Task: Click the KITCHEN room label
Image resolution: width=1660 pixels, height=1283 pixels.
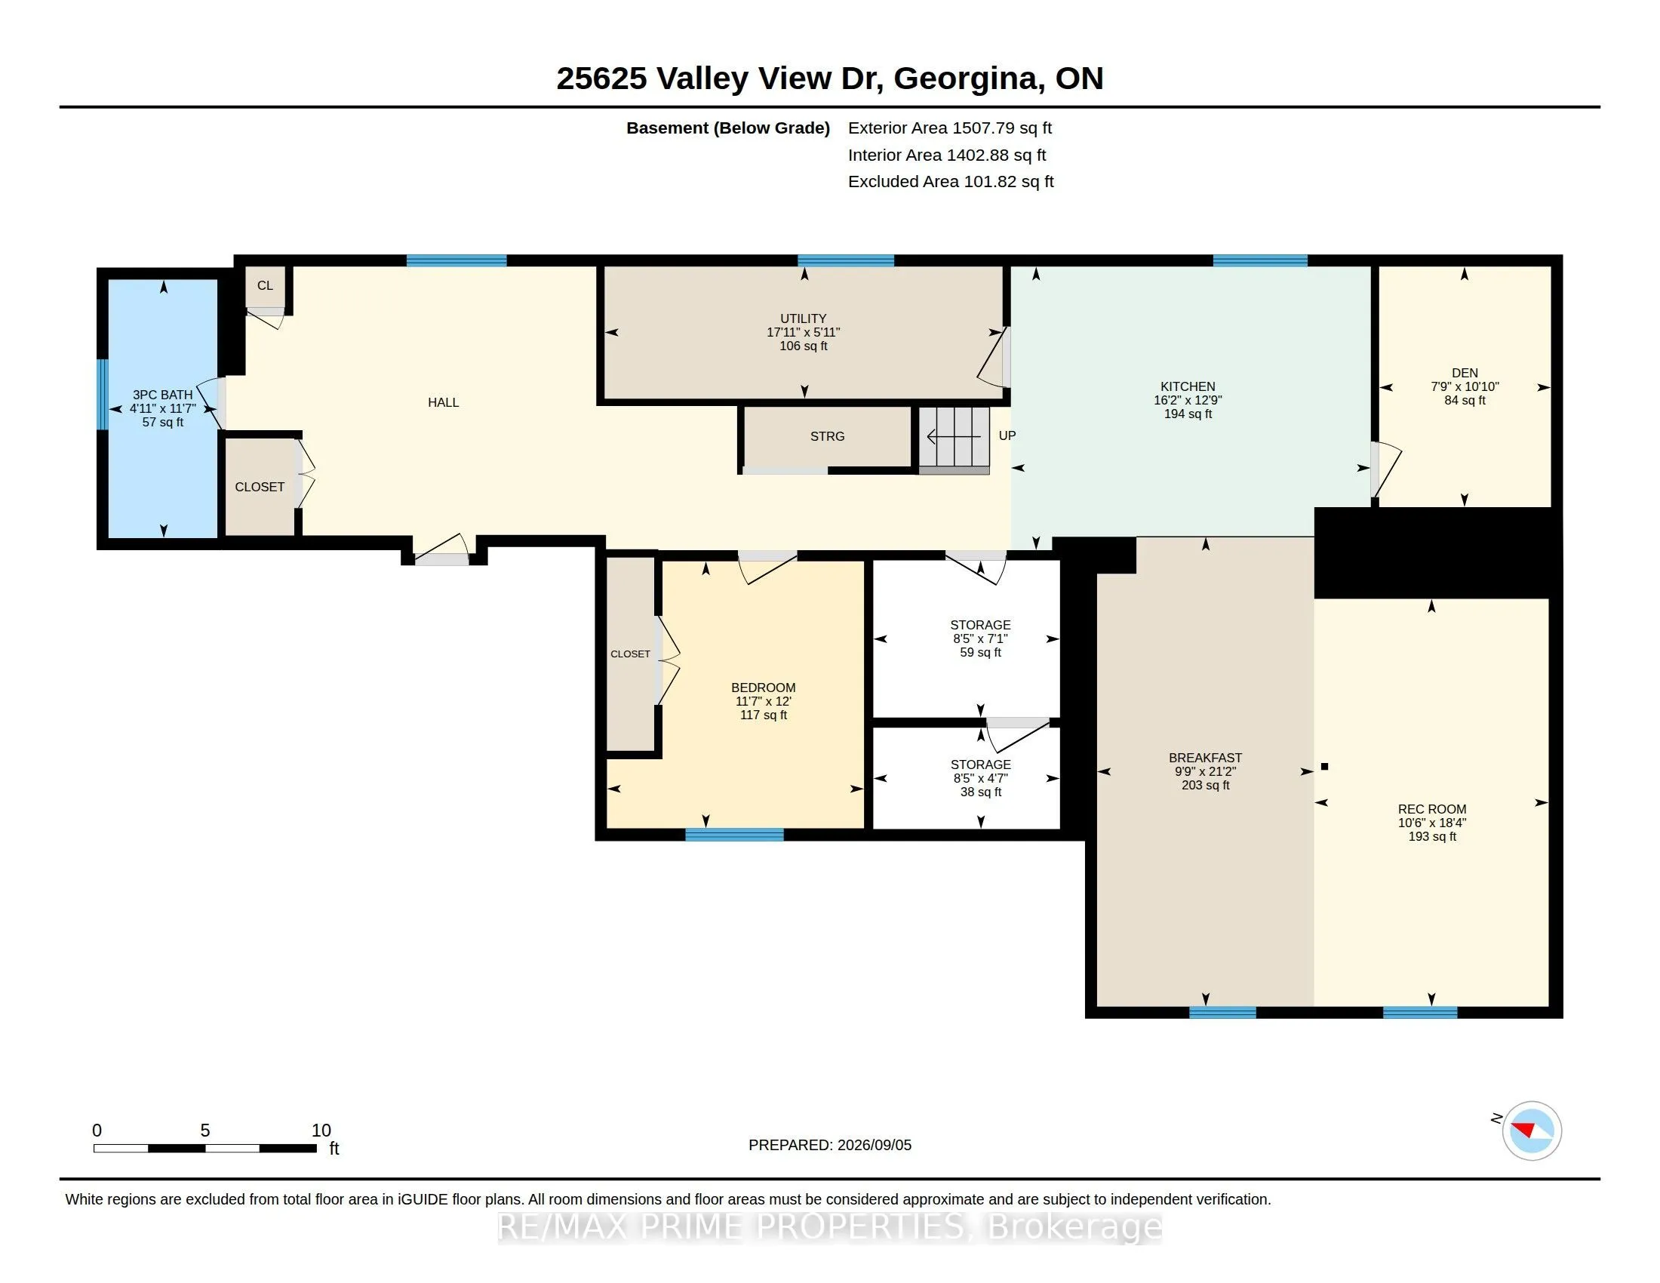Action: click(1187, 386)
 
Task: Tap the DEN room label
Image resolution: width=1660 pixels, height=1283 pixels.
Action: click(1465, 372)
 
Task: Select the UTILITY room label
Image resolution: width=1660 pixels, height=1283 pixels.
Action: click(804, 318)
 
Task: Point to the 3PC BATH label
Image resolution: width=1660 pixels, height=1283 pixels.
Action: click(163, 395)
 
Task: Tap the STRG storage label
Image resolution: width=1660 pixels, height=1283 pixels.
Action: click(827, 436)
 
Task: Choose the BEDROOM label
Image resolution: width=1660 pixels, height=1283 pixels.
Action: click(763, 687)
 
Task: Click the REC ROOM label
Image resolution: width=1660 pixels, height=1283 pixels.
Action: click(1432, 809)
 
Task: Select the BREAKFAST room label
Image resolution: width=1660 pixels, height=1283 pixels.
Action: click(1206, 758)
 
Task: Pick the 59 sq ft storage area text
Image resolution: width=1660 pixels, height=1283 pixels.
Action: click(980, 652)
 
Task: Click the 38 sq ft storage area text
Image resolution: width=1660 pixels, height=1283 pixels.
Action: click(980, 792)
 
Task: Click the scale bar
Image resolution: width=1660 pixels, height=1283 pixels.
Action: click(204, 1148)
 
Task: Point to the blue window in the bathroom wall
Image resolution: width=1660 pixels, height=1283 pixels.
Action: click(103, 395)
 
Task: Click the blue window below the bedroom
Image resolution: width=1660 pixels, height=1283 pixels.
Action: click(734, 835)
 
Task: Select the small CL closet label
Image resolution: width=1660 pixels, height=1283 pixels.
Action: click(265, 286)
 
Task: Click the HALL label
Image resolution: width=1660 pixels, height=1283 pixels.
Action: click(443, 402)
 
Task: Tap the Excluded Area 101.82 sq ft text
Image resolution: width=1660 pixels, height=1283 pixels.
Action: click(951, 182)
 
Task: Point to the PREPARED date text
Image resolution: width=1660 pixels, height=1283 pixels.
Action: click(830, 1145)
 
